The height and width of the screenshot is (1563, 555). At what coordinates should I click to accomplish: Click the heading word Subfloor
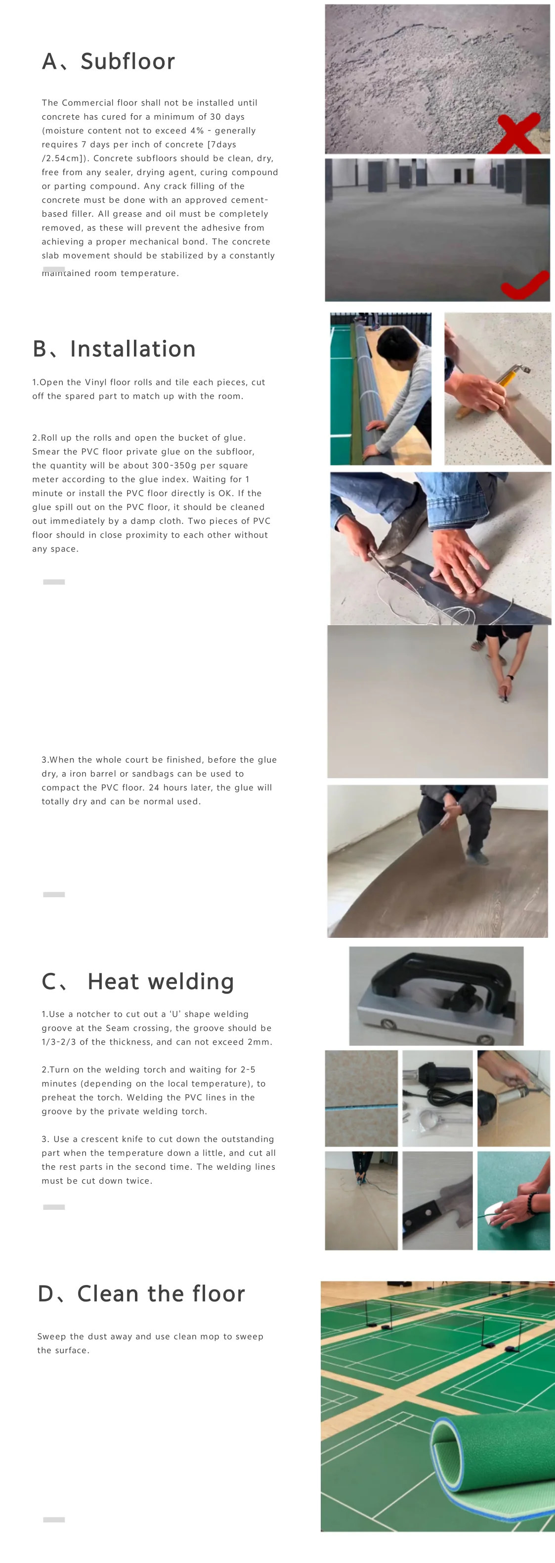point(128,61)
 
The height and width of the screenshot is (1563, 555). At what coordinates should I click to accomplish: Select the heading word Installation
point(133,349)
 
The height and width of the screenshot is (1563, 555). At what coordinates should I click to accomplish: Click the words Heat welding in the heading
point(161,981)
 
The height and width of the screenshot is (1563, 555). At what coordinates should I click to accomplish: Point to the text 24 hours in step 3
point(173,787)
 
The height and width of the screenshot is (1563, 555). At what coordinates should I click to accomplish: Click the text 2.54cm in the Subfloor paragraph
point(62,158)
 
